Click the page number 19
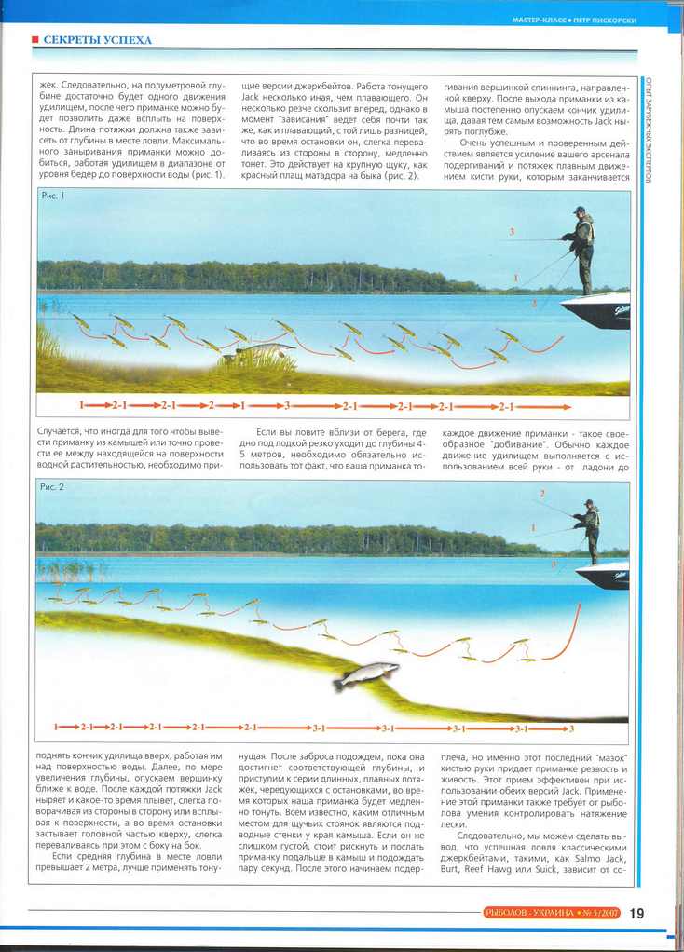tap(636, 913)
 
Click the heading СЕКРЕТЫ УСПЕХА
tap(97, 40)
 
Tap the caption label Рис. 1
tap(53, 197)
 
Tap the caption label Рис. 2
tap(52, 487)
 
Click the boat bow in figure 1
tap(595, 310)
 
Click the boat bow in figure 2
tap(603, 575)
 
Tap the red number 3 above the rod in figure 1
tap(512, 230)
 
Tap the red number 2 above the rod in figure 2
tap(542, 493)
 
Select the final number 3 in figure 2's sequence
tap(571, 728)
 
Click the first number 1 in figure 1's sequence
tap(82, 406)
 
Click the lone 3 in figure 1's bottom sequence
tap(288, 406)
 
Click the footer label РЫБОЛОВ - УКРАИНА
tap(529, 913)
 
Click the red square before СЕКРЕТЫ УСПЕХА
tap(34, 40)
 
